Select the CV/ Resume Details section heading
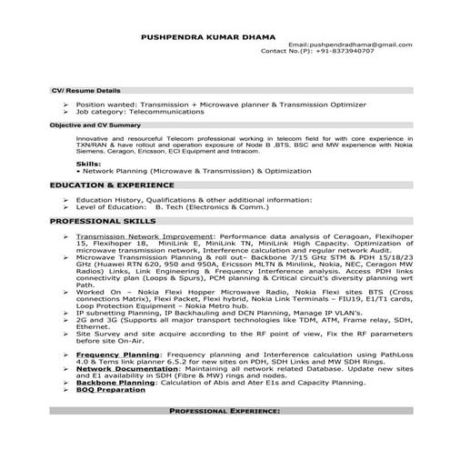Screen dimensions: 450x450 coord(85,91)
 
